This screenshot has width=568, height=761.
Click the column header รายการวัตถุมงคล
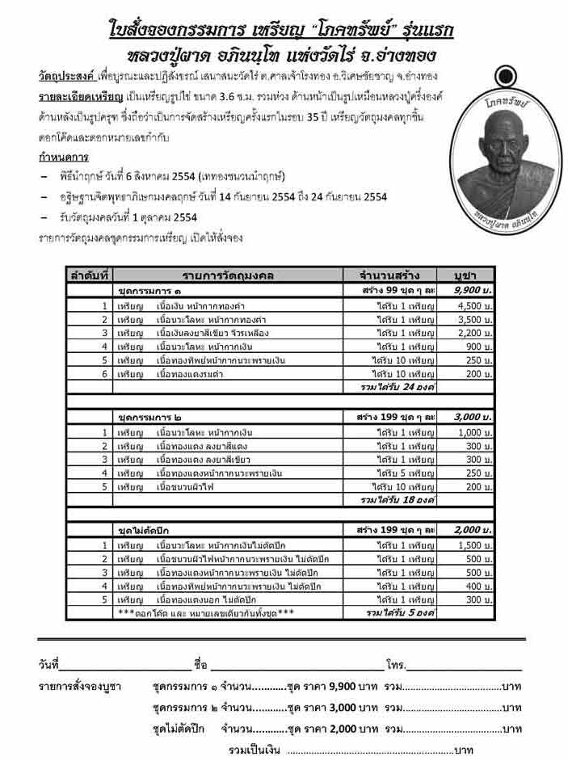click(x=228, y=275)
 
